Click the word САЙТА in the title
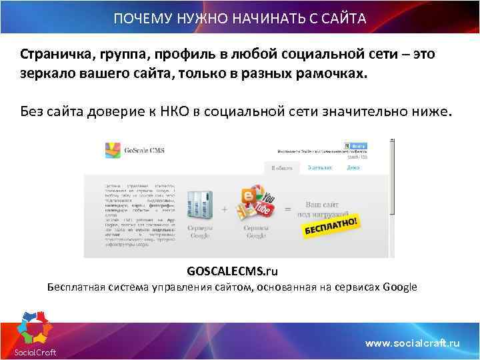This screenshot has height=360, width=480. coord(344,18)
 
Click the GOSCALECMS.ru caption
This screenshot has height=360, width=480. coord(232,271)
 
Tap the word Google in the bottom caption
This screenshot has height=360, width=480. coord(399,287)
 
